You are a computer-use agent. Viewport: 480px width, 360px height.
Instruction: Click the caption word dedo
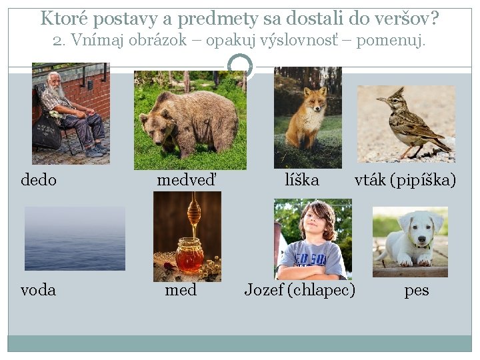click(39, 180)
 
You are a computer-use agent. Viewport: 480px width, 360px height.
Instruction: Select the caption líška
click(302, 180)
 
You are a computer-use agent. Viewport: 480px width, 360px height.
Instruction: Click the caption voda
click(39, 291)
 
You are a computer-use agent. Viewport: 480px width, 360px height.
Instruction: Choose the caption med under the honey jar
click(181, 291)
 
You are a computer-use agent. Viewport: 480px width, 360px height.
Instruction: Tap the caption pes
click(417, 291)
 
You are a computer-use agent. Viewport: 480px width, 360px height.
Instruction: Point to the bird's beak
click(379, 100)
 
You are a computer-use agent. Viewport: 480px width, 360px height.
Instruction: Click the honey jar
click(189, 255)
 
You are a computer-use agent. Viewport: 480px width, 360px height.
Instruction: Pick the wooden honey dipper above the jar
click(194, 213)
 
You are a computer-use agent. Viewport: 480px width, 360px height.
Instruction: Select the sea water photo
click(75, 238)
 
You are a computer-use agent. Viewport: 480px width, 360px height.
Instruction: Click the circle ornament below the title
click(240, 65)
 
